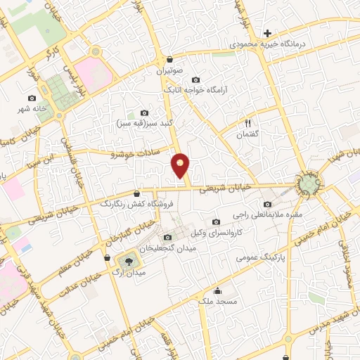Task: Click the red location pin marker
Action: coord(181,165)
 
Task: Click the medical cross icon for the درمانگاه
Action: coord(267,32)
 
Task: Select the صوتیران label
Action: coord(169,71)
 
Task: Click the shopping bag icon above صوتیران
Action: coord(169,60)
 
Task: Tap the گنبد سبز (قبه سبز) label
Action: coord(144,123)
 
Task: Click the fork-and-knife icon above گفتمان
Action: coord(247,122)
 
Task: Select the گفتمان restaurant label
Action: coord(248,134)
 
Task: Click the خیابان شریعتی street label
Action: coord(222,188)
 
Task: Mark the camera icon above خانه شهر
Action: coord(32,98)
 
